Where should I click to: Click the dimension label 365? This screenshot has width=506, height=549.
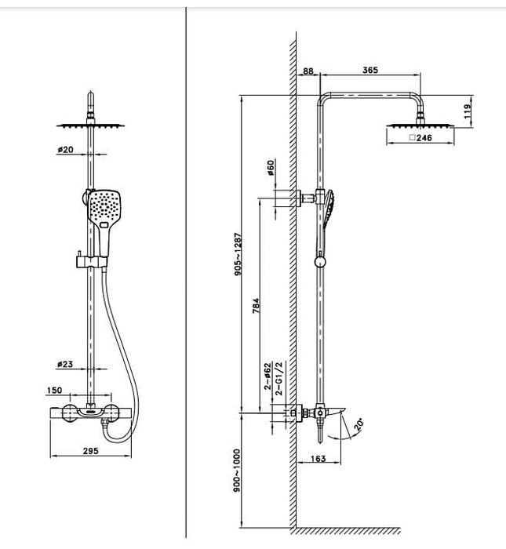[x=370, y=70]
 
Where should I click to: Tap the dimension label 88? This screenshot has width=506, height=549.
[x=308, y=71]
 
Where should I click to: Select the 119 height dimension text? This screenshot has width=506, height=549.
[x=468, y=111]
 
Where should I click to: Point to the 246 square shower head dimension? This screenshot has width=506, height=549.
[x=420, y=137]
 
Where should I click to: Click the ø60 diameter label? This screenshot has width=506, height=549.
[x=271, y=167]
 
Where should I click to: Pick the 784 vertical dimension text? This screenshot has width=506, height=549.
[x=256, y=305]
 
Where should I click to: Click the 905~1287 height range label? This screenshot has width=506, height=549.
[x=238, y=254]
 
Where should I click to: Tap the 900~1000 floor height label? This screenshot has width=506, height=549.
[x=237, y=471]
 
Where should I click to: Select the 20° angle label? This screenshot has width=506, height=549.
[x=359, y=424]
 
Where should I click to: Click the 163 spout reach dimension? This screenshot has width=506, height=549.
[x=319, y=458]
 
